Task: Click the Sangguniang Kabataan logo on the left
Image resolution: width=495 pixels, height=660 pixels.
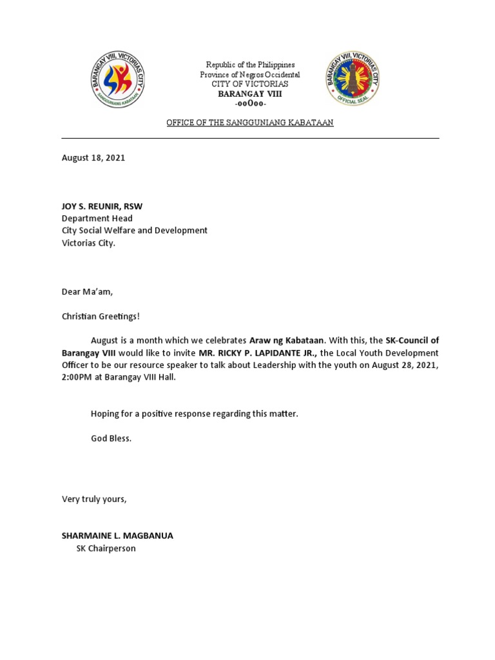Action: pos(117,80)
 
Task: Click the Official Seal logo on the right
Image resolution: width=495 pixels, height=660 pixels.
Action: pos(352,80)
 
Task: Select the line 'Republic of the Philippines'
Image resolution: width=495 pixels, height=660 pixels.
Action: pos(250,65)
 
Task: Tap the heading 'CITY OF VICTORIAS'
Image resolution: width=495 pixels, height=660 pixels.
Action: pos(250,84)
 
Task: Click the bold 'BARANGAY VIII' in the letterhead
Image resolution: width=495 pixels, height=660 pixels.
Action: pos(250,94)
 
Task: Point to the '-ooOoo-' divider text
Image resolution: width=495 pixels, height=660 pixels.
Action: pos(250,104)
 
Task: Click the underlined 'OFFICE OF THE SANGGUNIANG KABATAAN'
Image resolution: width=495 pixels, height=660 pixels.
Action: pos(250,122)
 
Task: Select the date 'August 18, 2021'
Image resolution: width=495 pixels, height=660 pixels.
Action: pos(93,158)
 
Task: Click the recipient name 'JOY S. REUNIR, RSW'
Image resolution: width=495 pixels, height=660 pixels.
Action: pos(102,206)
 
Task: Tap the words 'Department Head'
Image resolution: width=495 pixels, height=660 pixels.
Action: pos(97,218)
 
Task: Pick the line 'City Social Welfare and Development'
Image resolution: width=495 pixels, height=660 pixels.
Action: pos(135,230)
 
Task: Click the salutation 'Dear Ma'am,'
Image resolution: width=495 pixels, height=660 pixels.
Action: pos(87,291)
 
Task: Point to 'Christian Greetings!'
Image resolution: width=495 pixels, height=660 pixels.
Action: pos(101,316)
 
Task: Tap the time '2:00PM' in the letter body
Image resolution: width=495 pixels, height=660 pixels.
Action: pos(78,377)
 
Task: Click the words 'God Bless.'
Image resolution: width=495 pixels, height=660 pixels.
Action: pos(111,438)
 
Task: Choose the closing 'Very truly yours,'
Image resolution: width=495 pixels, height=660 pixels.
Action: pos(94,499)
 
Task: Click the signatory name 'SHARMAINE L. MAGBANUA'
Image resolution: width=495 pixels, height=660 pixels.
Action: pos(117,536)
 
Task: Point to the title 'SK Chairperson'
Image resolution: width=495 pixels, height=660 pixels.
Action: pos(106,548)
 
